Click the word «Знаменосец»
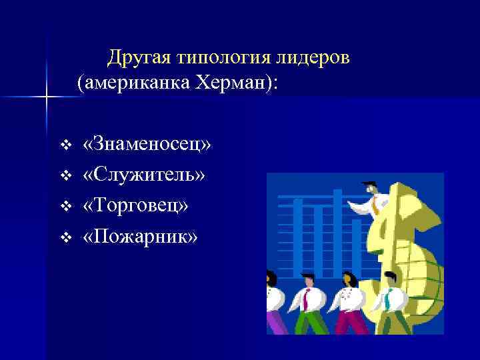point(147,144)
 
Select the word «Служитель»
point(145,175)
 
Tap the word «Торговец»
point(135,205)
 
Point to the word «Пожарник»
point(140,236)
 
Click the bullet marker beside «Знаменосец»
point(65,145)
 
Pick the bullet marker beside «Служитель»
point(65,175)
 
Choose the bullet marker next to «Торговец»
point(65,206)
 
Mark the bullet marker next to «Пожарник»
point(65,237)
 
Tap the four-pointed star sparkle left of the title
point(47,97)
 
